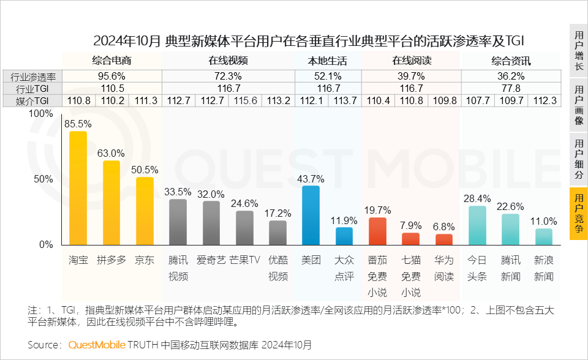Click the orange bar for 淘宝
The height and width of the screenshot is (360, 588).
[x=78, y=188]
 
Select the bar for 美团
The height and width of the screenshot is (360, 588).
[x=311, y=216]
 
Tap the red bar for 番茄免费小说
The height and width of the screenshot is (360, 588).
[x=377, y=231]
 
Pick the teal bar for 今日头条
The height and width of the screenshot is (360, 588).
[x=477, y=225]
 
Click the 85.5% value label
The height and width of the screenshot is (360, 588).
[x=78, y=123]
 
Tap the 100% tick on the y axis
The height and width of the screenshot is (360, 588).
[x=41, y=114]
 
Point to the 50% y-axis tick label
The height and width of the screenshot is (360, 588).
[x=43, y=179]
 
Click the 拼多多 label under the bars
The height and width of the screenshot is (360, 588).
[x=111, y=260]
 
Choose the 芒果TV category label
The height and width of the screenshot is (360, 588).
[x=244, y=260]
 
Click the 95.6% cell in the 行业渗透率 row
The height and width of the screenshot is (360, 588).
[x=111, y=77]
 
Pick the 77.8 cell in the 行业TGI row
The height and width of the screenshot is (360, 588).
[x=510, y=89]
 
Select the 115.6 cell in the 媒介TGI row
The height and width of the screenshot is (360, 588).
[x=244, y=101]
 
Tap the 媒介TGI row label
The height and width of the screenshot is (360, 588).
[x=32, y=101]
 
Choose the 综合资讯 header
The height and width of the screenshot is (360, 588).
[x=510, y=61]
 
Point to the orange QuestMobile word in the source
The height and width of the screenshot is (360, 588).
[x=96, y=345]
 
